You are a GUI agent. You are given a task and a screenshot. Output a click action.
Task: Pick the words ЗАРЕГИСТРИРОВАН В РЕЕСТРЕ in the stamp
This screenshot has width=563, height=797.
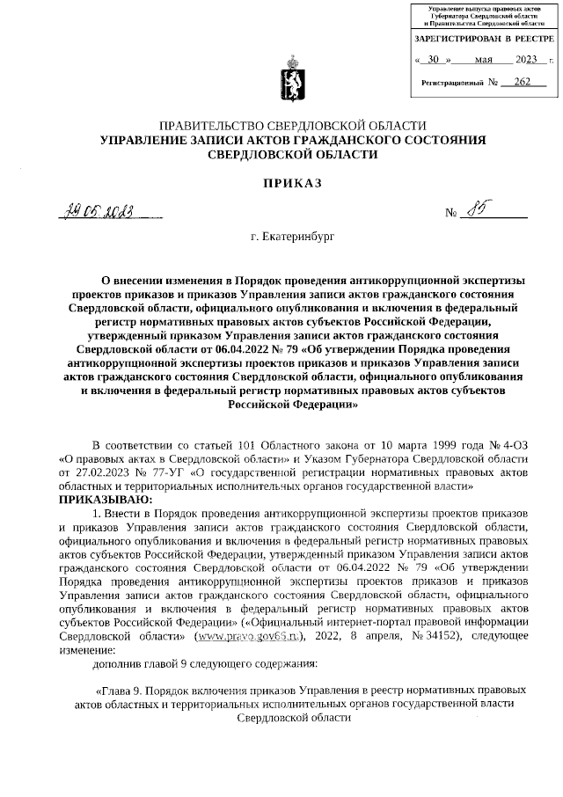coord(484,40)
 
